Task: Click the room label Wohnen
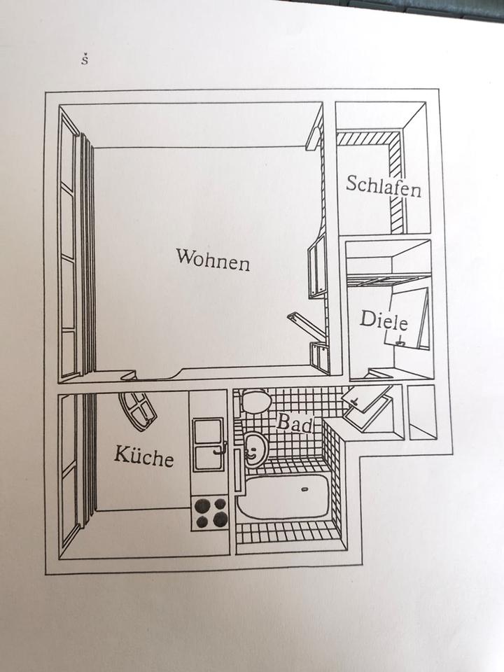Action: (x=213, y=259)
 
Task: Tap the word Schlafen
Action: (x=384, y=185)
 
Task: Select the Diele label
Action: (x=384, y=320)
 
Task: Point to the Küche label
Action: (x=144, y=456)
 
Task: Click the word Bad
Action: (x=295, y=423)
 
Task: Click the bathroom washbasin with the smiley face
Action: (x=256, y=449)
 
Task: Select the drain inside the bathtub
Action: (x=304, y=489)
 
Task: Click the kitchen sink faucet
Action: (x=220, y=448)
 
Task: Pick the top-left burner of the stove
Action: (x=201, y=505)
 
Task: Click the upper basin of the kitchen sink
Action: (x=208, y=432)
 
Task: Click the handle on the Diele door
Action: (x=400, y=341)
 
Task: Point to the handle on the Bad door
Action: (x=354, y=400)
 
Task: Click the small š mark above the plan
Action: (x=85, y=59)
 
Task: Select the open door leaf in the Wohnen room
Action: (x=307, y=325)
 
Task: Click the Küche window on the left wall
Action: (x=69, y=471)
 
